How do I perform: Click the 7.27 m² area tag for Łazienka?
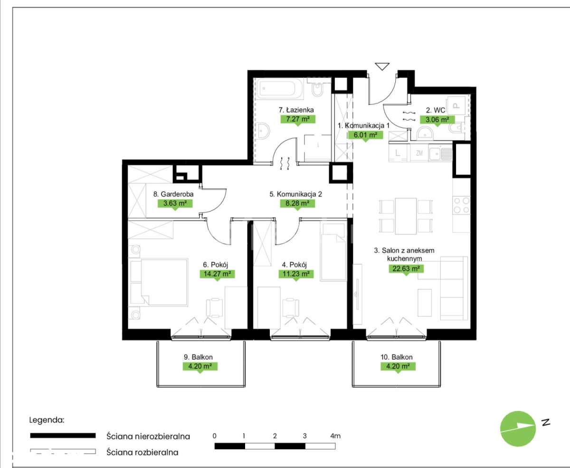click(x=298, y=119)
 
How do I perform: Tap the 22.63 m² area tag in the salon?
click(x=406, y=269)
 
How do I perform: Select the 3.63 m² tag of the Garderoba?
click(x=175, y=203)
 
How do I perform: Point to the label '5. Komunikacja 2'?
click(x=295, y=194)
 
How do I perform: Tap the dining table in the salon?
click(x=406, y=216)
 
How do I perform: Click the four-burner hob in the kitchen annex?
click(x=462, y=205)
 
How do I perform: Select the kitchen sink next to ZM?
click(x=440, y=154)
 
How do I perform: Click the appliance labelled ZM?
click(x=419, y=153)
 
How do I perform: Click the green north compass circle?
click(x=518, y=429)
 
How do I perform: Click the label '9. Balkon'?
click(x=198, y=357)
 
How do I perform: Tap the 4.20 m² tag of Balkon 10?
click(x=398, y=366)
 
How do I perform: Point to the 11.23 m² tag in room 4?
click(x=296, y=274)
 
